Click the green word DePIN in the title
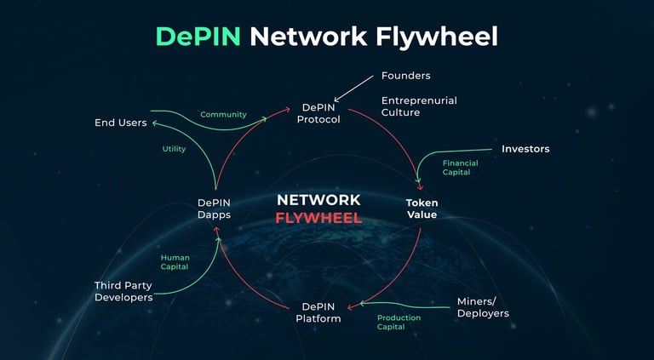pyautogui.click(x=198, y=37)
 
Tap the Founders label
pyautogui.click(x=406, y=76)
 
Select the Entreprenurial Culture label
pyautogui.click(x=419, y=106)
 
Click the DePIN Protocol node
pyautogui.click(x=318, y=113)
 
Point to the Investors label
pyautogui.click(x=525, y=149)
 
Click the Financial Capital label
pyautogui.click(x=461, y=168)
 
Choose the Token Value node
pyautogui.click(x=422, y=209)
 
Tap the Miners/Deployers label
pyautogui.click(x=483, y=307)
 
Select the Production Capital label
pyautogui.click(x=399, y=322)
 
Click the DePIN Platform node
pyautogui.click(x=318, y=313)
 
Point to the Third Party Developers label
pyautogui.click(x=123, y=291)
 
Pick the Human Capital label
pyautogui.click(x=175, y=262)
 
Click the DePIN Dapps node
pyautogui.click(x=214, y=209)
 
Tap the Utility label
pyautogui.click(x=174, y=149)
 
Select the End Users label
pyautogui.click(x=121, y=123)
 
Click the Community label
pyautogui.click(x=224, y=115)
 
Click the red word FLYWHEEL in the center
pyautogui.click(x=318, y=218)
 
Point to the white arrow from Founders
pyautogui.click(x=353, y=89)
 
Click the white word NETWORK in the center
pyautogui.click(x=318, y=200)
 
